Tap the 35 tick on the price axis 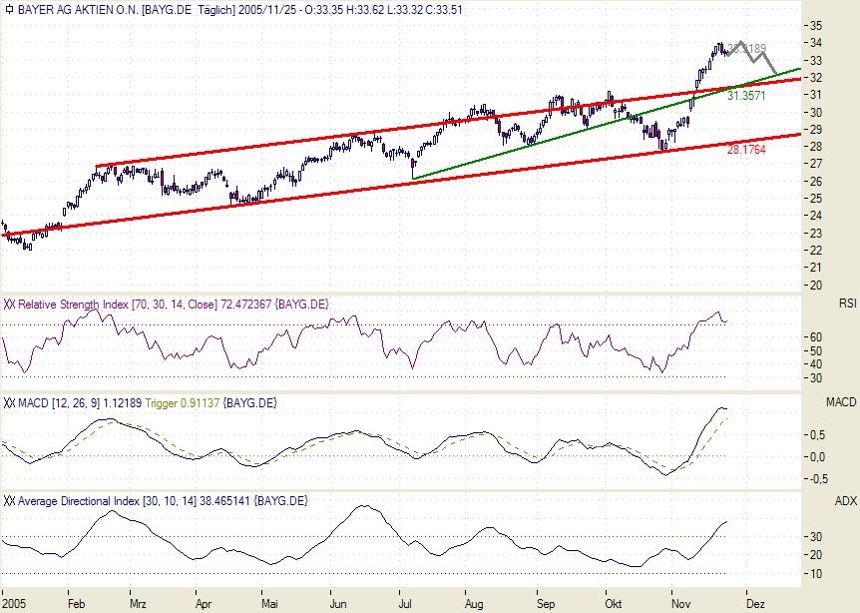[x=816, y=25]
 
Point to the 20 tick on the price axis [x=816, y=285]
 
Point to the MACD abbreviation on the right [x=842, y=402]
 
